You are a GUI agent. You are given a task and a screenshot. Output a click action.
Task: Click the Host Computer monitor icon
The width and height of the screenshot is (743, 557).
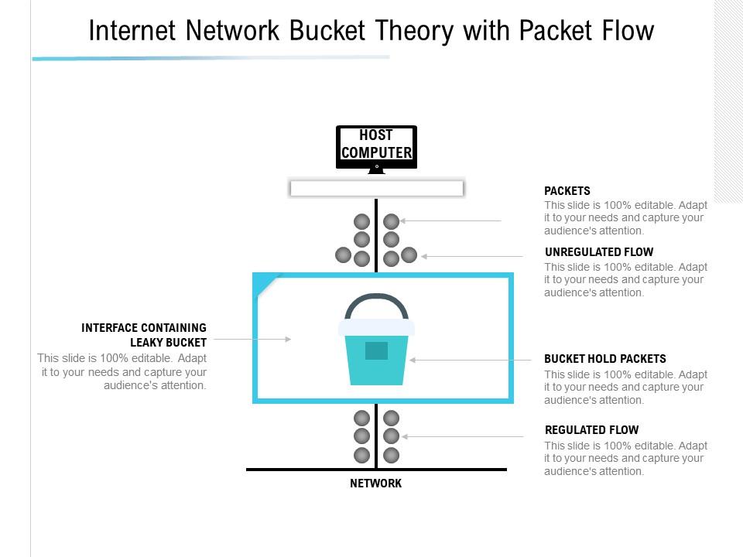(x=376, y=147)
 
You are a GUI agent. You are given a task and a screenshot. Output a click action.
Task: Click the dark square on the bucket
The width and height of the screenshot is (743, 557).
(x=376, y=350)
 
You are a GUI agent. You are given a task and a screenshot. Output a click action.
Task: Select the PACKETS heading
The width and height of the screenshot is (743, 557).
(x=567, y=191)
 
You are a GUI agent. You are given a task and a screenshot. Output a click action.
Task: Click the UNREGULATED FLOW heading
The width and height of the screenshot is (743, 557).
(x=599, y=252)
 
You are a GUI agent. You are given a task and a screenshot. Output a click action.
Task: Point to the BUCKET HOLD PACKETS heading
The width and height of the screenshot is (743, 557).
(x=604, y=359)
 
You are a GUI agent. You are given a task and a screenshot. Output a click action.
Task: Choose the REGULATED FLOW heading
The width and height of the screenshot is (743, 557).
(x=591, y=430)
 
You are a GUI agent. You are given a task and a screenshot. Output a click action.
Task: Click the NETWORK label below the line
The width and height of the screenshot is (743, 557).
(x=376, y=484)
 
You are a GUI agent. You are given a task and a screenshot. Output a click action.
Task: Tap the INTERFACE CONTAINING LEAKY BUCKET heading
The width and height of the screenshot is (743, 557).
(x=144, y=335)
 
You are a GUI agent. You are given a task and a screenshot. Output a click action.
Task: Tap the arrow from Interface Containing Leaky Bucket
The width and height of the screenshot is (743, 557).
(x=252, y=339)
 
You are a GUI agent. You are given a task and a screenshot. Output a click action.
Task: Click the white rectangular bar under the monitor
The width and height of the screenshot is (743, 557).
(x=376, y=188)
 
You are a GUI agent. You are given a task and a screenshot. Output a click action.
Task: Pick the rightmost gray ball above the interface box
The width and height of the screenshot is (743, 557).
(x=409, y=255)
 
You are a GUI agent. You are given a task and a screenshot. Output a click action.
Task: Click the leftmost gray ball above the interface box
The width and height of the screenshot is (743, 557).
(x=343, y=255)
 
